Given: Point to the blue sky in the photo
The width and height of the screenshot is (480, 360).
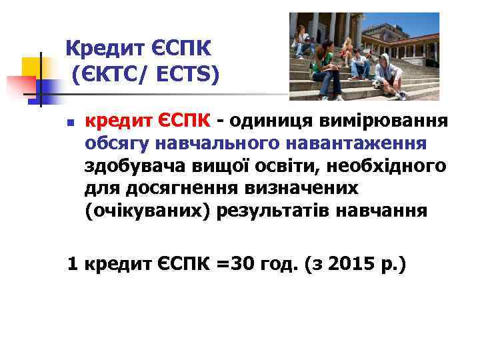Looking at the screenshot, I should (413, 23).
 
